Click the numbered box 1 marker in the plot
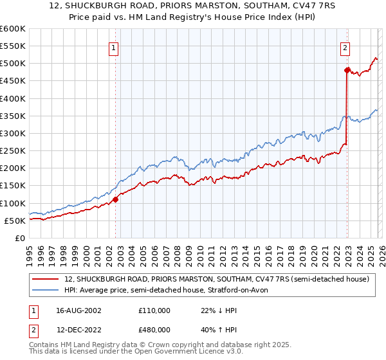(x=113, y=47)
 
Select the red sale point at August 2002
(x=116, y=199)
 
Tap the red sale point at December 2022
(x=347, y=70)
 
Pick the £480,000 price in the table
(x=154, y=330)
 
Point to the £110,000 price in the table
(x=154, y=310)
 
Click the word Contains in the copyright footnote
(x=46, y=345)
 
